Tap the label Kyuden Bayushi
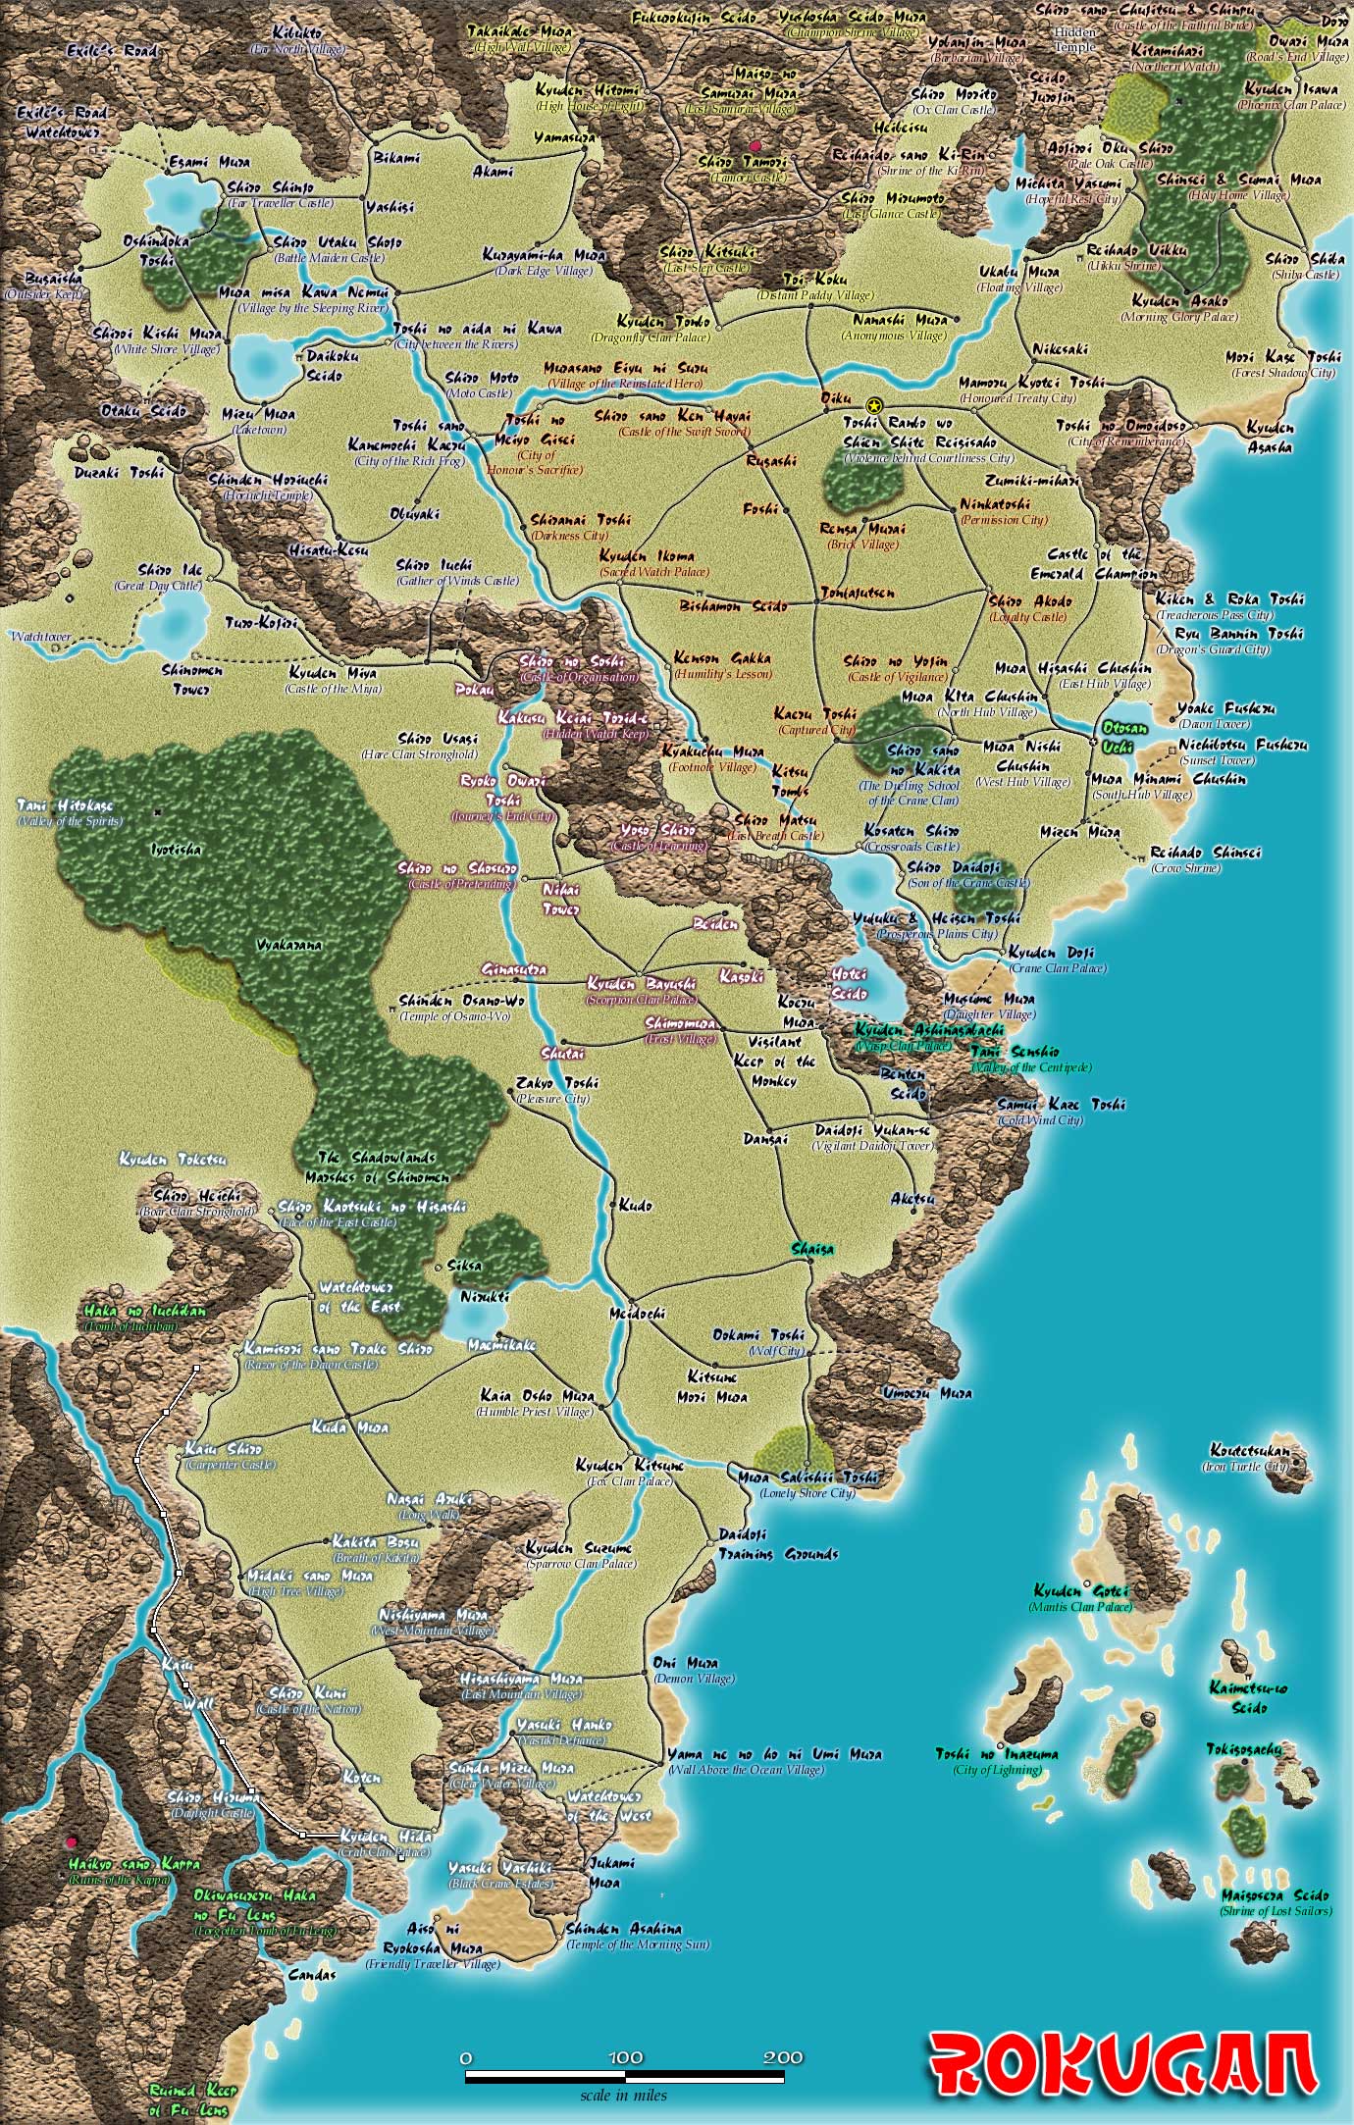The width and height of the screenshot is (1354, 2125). point(642,983)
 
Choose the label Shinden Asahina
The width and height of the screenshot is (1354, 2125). point(624,1928)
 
